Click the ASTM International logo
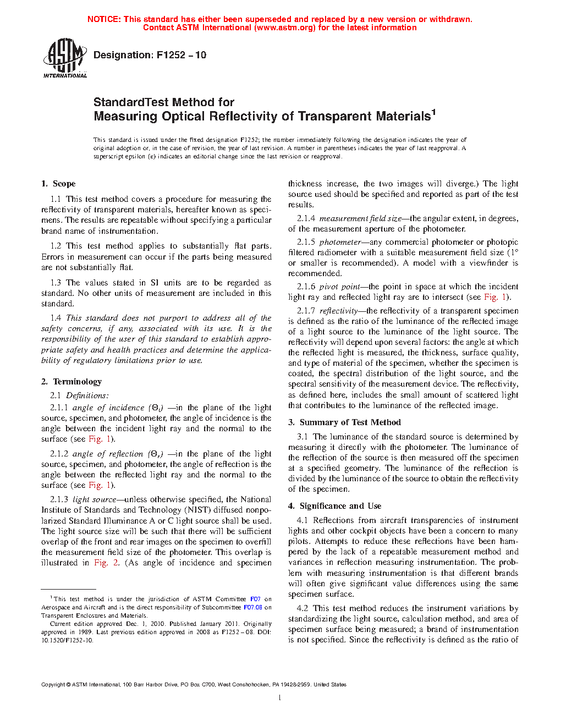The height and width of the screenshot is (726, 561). click(x=64, y=58)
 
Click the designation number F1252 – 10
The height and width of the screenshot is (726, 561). click(x=181, y=55)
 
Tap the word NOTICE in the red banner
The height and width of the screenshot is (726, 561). click(x=104, y=19)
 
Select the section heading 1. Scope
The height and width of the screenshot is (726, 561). click(x=58, y=184)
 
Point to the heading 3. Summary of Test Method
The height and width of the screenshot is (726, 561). click(x=344, y=422)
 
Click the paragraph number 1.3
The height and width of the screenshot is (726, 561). click(x=56, y=283)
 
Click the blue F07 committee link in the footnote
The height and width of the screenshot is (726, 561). click(x=255, y=599)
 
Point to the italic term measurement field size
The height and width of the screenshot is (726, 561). click(x=360, y=218)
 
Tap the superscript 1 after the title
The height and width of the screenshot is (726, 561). click(x=433, y=112)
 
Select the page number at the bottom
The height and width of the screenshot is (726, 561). click(x=280, y=698)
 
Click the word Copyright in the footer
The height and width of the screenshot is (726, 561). click(x=53, y=685)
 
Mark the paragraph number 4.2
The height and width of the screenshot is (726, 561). click(x=302, y=608)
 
